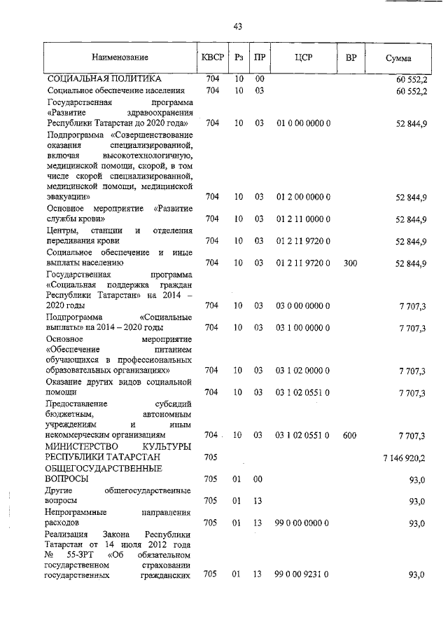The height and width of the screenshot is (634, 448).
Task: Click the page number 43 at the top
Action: coord(237,27)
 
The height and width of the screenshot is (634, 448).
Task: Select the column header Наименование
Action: coord(118,58)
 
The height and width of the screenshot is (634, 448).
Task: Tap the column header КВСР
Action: coord(213,58)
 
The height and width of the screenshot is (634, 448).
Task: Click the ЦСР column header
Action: coord(303,58)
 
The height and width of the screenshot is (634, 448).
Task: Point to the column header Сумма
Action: coord(398,59)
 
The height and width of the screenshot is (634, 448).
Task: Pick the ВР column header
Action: coord(351,58)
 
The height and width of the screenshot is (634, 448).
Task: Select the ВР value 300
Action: coord(350,263)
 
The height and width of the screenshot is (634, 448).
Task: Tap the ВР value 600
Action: coord(350,436)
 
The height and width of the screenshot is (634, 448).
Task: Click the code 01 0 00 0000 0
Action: coord(303,123)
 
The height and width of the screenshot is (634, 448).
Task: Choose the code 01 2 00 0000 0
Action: coord(303,198)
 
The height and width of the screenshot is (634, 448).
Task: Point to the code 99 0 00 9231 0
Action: coord(303,575)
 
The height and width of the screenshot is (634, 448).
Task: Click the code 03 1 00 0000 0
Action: coord(303,327)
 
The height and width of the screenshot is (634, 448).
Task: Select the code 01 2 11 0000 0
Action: coord(303,219)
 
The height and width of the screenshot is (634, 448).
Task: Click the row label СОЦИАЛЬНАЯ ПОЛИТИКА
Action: coord(104,78)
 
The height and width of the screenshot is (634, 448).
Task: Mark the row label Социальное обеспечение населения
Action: coord(115,91)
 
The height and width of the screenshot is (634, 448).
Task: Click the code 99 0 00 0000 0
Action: coord(303,523)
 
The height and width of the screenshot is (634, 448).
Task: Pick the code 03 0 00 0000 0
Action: coord(303,305)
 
